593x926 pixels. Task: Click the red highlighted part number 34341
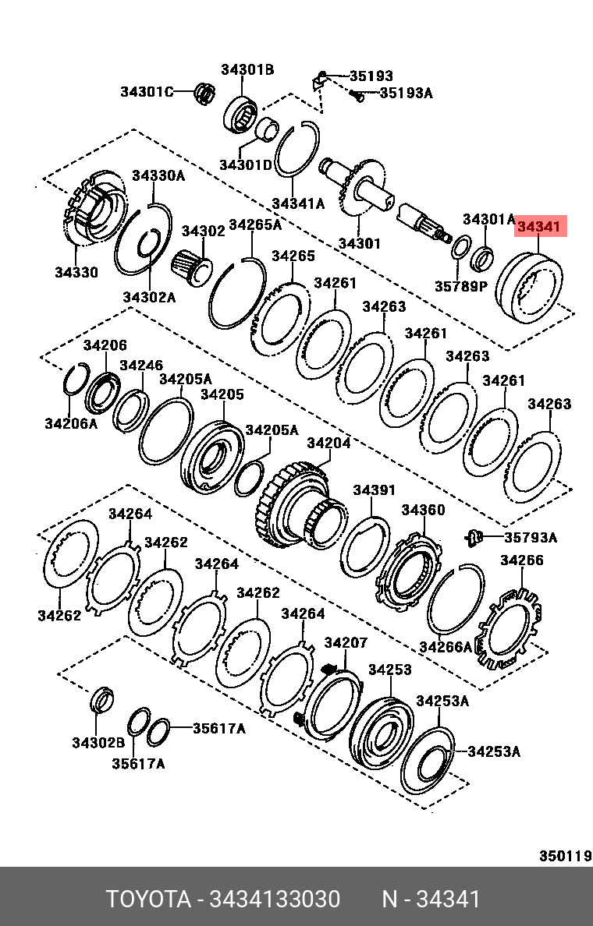click(539, 228)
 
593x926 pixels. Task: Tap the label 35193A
click(405, 94)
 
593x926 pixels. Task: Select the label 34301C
click(146, 91)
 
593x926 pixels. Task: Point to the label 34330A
click(158, 175)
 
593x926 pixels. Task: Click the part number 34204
click(328, 443)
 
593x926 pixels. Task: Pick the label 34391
click(375, 490)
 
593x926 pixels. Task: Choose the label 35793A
click(531, 537)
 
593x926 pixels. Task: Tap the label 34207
click(346, 642)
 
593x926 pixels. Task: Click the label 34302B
click(98, 743)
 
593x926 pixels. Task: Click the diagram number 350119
click(565, 856)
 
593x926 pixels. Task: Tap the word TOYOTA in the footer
click(148, 899)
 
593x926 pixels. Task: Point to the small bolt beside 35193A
click(357, 96)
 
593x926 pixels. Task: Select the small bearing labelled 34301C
click(204, 92)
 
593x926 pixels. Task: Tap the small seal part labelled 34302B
click(102, 700)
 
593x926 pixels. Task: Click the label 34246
click(141, 365)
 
